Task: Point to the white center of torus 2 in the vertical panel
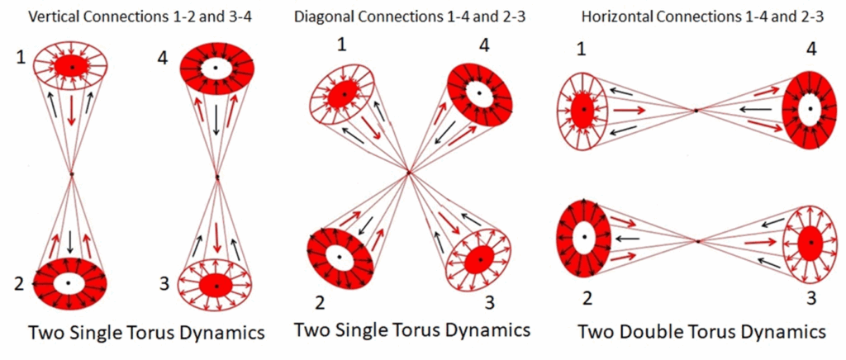pos(69,282)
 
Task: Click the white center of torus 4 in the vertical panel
pos(216,66)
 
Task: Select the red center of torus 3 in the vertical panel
pos(216,283)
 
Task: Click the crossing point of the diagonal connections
pos(408,171)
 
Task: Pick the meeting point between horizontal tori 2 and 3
pos(698,241)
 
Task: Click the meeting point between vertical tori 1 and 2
pos(73,173)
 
